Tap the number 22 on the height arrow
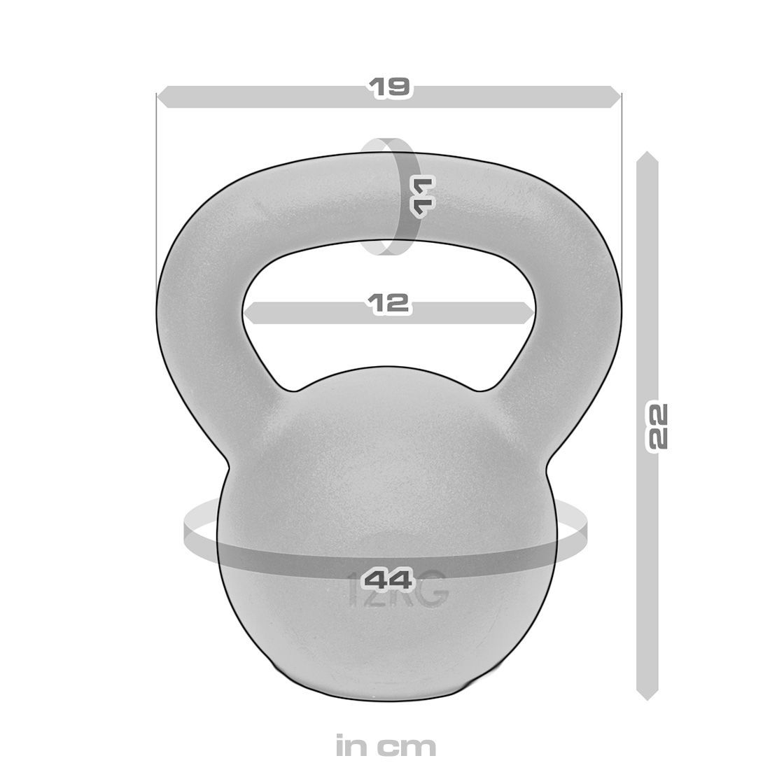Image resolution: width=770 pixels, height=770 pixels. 658,425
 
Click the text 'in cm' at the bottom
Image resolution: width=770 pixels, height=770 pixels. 386,745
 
